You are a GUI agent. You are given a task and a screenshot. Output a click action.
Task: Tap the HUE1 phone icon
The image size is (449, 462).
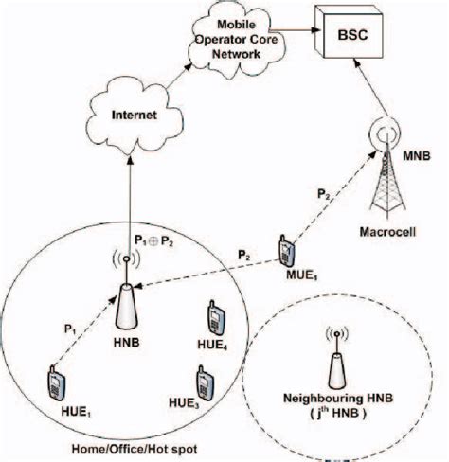pos(54,385)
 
